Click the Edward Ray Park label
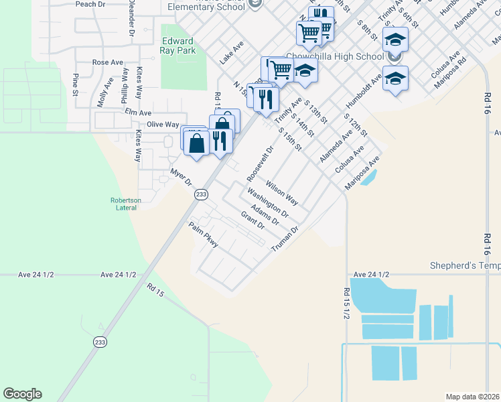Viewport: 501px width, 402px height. tap(177, 46)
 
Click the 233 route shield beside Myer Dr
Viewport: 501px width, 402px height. tap(200, 194)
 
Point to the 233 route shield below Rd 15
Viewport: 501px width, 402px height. tap(100, 341)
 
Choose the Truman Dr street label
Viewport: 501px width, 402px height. tap(283, 239)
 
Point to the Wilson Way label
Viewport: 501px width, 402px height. tap(281, 192)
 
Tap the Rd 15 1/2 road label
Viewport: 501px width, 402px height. tap(346, 303)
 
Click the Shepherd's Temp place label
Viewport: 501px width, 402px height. tap(465, 266)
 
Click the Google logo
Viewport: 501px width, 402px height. tap(22, 394)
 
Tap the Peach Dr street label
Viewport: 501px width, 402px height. tap(90, 4)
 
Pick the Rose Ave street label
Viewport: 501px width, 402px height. tap(108, 62)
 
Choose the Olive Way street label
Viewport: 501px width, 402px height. tap(163, 125)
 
